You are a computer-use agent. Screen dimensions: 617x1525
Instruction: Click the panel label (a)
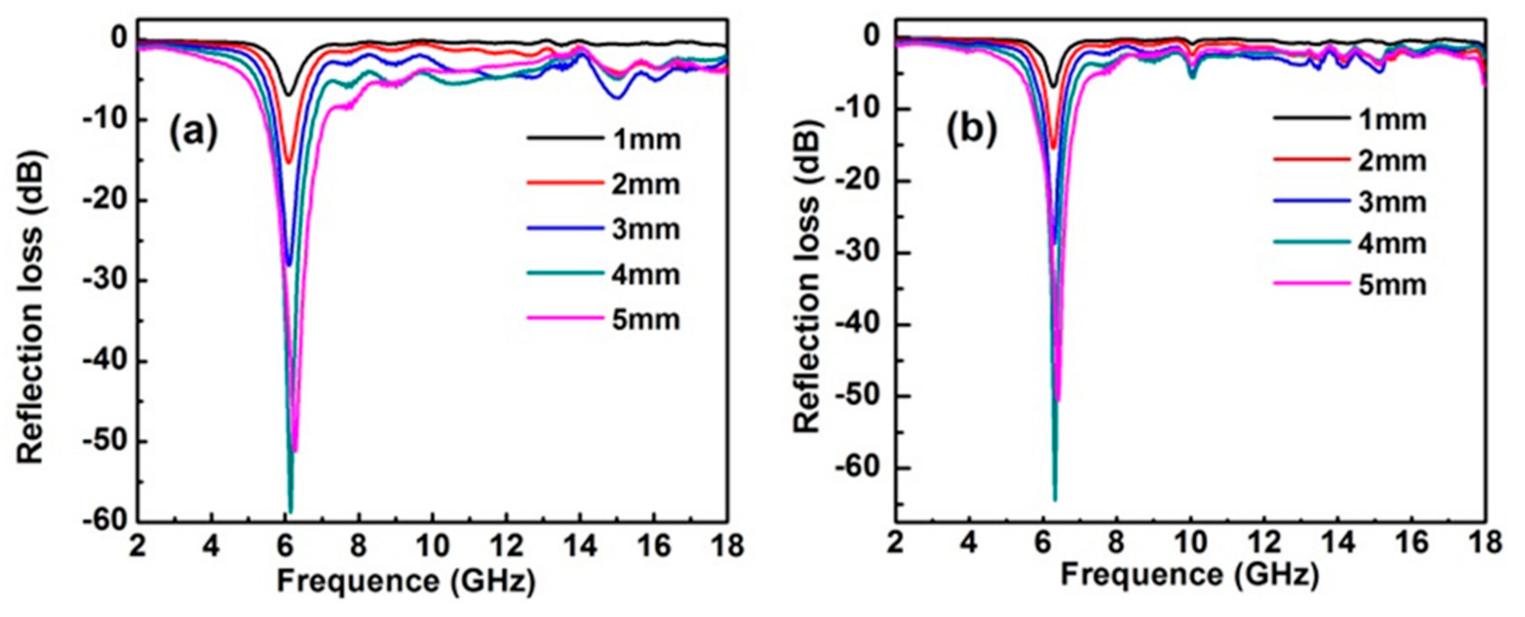point(194,132)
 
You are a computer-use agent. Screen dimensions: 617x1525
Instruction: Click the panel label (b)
point(972,130)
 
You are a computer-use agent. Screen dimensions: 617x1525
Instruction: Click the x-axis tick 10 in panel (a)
point(432,546)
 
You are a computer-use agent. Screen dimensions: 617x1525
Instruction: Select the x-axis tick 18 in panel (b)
point(1483,542)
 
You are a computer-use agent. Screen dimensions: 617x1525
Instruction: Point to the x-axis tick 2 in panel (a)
point(138,546)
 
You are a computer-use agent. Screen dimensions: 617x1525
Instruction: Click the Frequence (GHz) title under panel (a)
point(406,581)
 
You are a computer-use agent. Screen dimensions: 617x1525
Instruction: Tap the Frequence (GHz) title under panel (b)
point(1189,574)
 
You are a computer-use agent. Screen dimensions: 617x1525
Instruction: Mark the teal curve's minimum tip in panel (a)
point(290,511)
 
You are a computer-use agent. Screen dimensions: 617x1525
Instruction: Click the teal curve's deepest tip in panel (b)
point(1055,500)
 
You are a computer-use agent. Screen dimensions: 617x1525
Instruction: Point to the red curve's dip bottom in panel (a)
point(288,162)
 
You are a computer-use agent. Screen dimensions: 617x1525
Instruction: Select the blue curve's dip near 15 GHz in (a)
point(618,97)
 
